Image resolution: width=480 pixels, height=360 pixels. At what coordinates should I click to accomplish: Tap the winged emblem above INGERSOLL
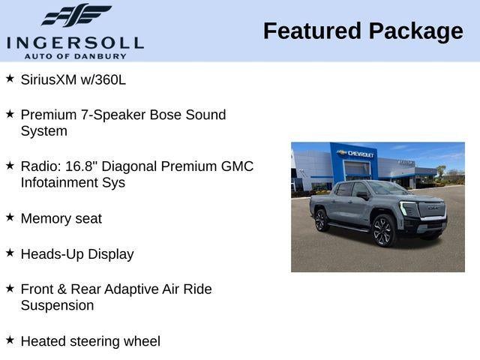tap(76, 15)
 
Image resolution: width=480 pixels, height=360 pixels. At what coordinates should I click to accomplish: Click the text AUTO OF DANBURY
tap(74, 55)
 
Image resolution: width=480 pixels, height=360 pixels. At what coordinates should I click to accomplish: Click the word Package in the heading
tap(415, 31)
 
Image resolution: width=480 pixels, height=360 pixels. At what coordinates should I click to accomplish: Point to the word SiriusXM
tap(49, 79)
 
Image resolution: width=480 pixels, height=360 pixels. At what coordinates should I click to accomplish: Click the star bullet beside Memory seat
tap(10, 217)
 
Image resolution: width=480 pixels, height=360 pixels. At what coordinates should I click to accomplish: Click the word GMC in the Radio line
tap(236, 166)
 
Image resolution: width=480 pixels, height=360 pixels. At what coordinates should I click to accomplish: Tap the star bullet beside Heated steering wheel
tap(10, 340)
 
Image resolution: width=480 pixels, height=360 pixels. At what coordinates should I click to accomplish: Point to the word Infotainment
tap(62, 182)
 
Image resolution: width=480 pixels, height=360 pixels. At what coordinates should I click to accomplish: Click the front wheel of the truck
tap(383, 231)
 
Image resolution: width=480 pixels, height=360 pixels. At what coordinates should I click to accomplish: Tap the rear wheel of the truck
tap(321, 220)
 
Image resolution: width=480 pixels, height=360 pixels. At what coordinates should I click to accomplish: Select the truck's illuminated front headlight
tap(406, 208)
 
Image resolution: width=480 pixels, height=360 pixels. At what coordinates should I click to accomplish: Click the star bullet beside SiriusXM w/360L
tap(10, 77)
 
